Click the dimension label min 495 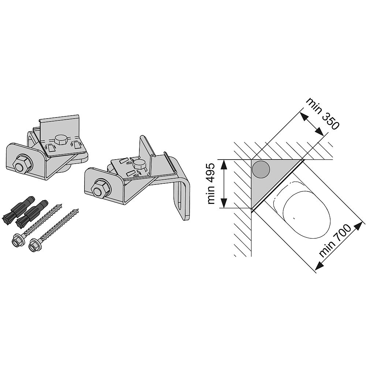(211, 184)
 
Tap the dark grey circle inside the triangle (261, 169)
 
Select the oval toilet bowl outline (306, 215)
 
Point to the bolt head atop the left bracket (61, 140)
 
